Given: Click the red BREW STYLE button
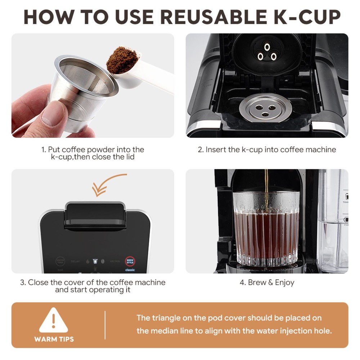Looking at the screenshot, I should pos(130,261).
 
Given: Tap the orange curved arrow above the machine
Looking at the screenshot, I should pos(108,184).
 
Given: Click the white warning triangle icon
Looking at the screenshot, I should pos(54,320).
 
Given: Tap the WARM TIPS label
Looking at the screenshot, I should pos(54,339).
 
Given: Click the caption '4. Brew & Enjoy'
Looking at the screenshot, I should pos(267,282).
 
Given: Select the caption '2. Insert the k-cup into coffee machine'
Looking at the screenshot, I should pos(267,149).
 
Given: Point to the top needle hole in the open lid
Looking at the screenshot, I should pos(267,47).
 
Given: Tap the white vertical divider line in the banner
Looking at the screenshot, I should pos(105,325).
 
